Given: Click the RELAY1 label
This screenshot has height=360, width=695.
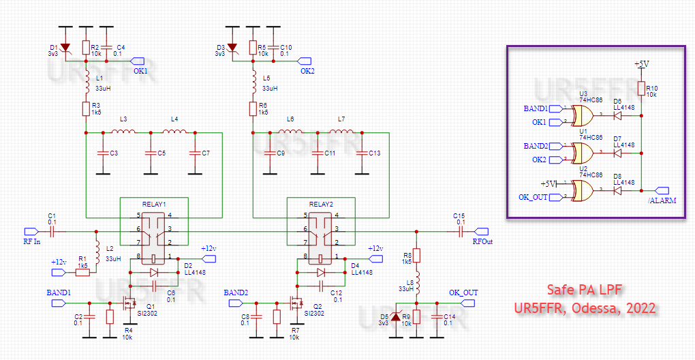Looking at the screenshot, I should pos(154,204).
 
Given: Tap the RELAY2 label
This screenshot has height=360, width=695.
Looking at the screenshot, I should pos(321,204).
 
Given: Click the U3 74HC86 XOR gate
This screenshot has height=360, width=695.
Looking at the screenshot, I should pos(584,115).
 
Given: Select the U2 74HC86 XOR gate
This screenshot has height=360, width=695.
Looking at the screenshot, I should pos(584,190).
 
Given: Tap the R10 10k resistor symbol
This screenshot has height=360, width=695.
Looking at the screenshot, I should pos(642,89).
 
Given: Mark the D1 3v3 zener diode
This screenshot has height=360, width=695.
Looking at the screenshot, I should pos(65,47).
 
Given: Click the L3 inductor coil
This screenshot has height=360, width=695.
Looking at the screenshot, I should pos(125,132).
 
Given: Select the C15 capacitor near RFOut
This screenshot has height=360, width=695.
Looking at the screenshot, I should pos(460,231).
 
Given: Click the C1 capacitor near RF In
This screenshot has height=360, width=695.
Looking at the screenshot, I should pos(52,231).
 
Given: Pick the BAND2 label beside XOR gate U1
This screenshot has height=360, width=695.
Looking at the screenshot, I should pos(536,146).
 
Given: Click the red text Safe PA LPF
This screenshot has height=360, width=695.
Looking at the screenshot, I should pos(585,289).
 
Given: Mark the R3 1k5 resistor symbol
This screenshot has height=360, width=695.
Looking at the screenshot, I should pos(86,108).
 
